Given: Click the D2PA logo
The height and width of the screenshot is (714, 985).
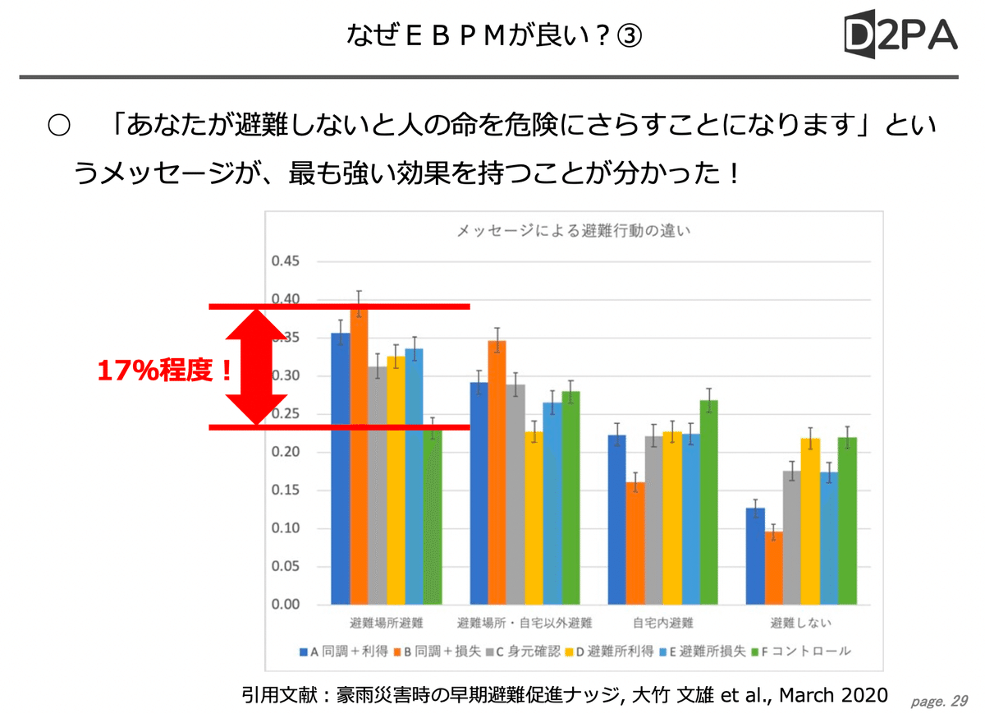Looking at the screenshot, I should pyautogui.click(x=900, y=35).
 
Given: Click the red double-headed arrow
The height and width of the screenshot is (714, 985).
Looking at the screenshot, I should pyautogui.click(x=255, y=366).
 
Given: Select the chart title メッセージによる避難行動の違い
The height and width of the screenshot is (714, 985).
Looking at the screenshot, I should pyautogui.click(x=574, y=231).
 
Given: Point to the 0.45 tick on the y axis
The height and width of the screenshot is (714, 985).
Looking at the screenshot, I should pyautogui.click(x=286, y=261).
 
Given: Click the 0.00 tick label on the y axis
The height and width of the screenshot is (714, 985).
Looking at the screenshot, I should pyautogui.click(x=286, y=605).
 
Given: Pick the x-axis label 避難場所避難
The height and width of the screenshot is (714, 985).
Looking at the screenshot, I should pyautogui.click(x=386, y=623).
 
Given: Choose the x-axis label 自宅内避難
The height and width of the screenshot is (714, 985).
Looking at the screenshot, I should pyautogui.click(x=663, y=623).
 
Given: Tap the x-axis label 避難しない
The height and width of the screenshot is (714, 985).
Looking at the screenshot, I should pyautogui.click(x=800, y=623).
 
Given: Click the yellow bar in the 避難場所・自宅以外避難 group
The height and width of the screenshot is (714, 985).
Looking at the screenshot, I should pyautogui.click(x=534, y=518).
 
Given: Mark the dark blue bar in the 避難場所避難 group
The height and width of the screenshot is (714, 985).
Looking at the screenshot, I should pyautogui.click(x=340, y=468).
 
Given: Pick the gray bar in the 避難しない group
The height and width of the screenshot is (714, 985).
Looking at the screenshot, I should pyautogui.click(x=792, y=537).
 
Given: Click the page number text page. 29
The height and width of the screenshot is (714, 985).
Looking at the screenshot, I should pyautogui.click(x=940, y=701).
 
